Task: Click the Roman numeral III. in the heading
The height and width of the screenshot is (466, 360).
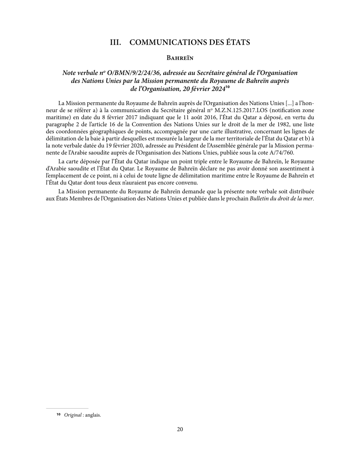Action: (116, 43)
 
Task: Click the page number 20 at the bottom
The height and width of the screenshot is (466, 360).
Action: (180, 430)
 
